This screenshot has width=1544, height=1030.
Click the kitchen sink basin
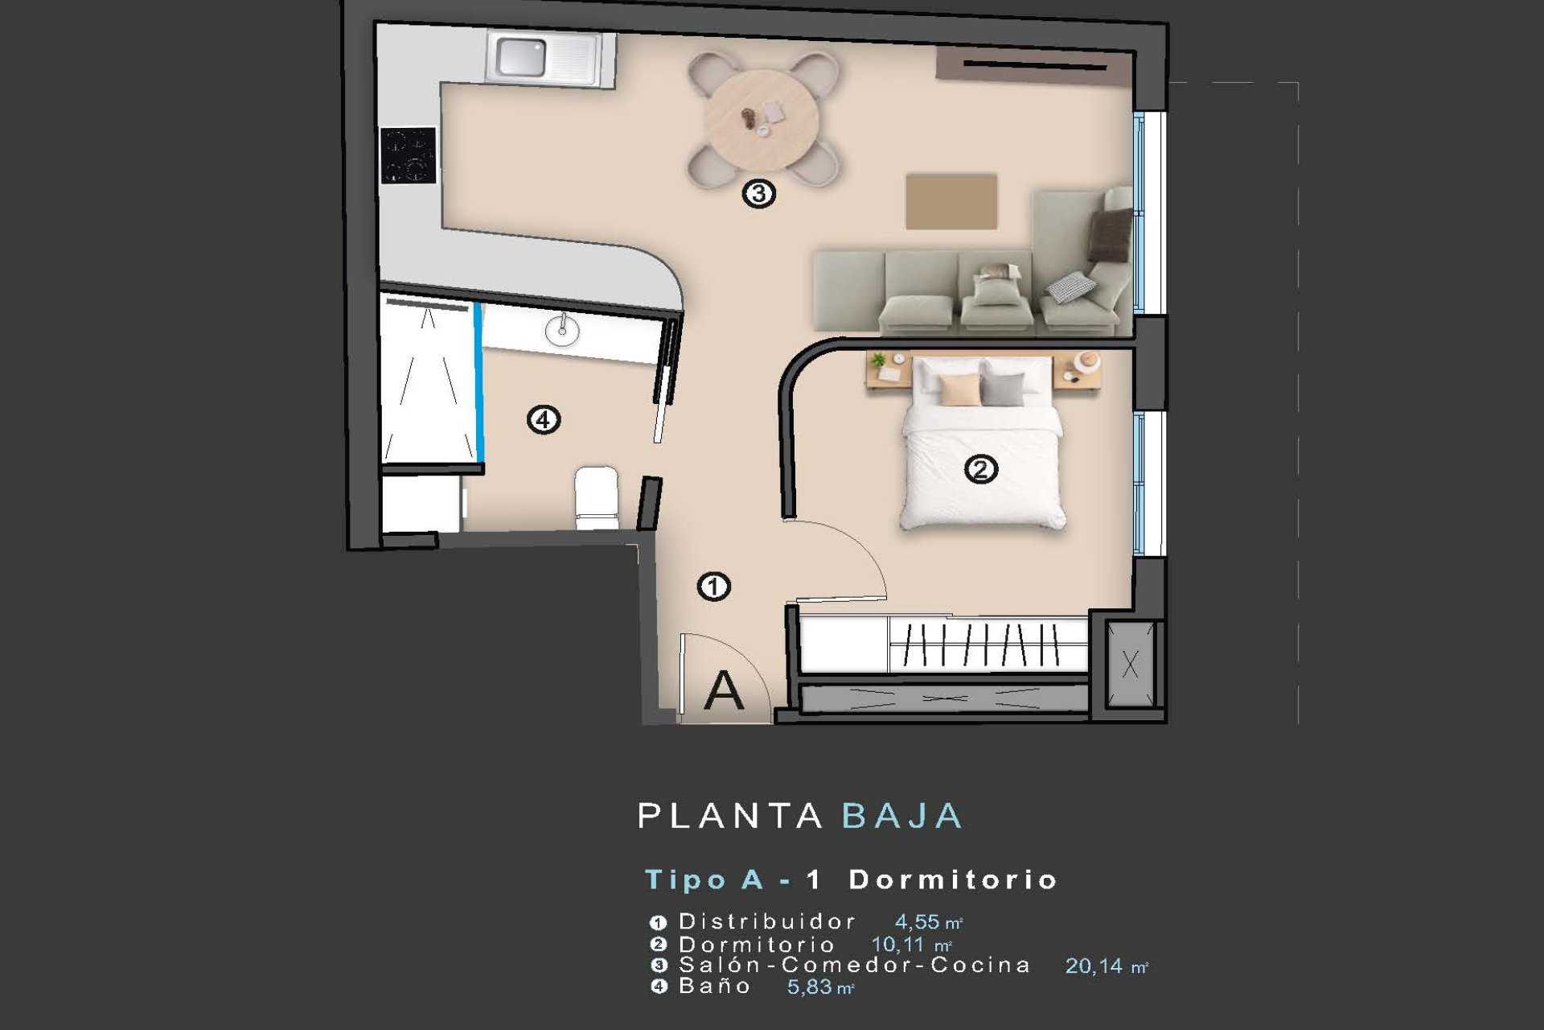coord(521,56)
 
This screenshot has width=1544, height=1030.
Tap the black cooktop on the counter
coord(409,154)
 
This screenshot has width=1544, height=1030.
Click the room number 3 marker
coord(758,193)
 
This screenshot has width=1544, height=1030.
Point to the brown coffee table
coord(951,201)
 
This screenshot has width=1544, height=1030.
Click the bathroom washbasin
coord(563,330)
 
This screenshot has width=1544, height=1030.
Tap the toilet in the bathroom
coord(597,498)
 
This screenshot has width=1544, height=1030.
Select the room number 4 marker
coord(544,419)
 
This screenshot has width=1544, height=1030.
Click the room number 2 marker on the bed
coord(981,468)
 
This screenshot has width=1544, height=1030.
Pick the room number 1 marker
coord(714,587)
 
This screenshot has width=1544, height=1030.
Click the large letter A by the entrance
coord(723,690)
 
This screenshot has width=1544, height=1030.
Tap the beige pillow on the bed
coord(959,390)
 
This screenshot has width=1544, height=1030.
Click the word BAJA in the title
coord(901,816)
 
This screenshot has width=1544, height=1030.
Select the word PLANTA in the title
coord(730,816)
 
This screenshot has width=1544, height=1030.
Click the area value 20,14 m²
coord(1107,966)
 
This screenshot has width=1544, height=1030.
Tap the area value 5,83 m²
coord(820,987)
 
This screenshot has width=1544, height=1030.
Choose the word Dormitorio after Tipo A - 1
coord(953,880)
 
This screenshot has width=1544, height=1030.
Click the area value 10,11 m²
coord(912,944)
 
